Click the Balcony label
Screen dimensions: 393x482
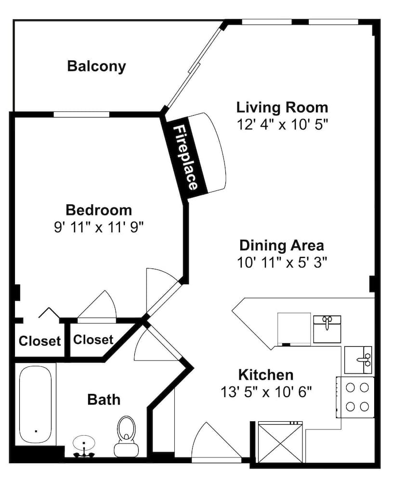tap(96, 67)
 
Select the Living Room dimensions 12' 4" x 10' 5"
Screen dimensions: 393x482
tap(282, 125)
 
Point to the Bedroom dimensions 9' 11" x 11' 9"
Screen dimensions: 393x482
tap(99, 228)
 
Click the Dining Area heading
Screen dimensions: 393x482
tap(282, 245)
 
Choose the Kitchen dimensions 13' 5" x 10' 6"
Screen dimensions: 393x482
tap(266, 392)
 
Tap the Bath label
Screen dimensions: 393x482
tap(104, 400)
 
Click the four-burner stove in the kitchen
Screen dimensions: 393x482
tap(356, 397)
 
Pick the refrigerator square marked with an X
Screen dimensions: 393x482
tap(280, 442)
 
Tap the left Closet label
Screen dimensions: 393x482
tap(39, 341)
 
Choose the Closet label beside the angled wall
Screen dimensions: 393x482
tap(93, 340)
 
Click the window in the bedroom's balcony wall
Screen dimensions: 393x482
tap(81, 114)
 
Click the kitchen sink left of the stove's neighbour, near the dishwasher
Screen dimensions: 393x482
tap(327, 329)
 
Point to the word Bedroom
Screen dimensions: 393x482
tap(99, 210)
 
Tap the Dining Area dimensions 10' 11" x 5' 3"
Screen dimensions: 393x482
tap(282, 263)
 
